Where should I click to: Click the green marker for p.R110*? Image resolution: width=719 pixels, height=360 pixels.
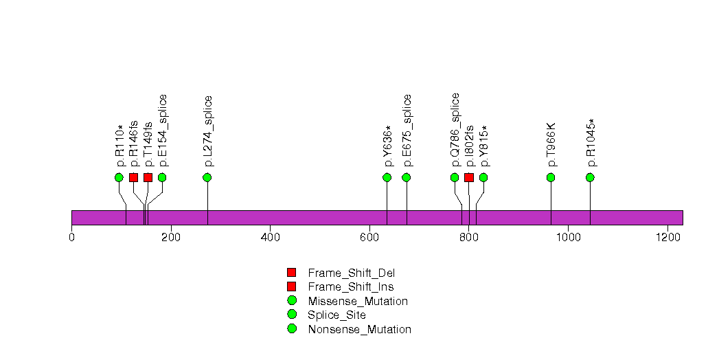(119, 177)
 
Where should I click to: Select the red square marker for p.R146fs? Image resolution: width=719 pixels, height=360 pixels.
(133, 177)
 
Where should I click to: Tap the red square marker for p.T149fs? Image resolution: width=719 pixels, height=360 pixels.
(148, 177)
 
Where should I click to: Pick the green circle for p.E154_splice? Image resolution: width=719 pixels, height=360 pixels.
(162, 177)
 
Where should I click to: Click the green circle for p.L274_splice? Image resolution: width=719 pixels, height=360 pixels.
(207, 177)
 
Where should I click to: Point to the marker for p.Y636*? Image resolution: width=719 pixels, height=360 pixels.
(387, 177)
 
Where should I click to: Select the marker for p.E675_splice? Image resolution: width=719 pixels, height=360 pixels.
(406, 177)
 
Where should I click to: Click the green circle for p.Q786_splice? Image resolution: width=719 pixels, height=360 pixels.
(455, 177)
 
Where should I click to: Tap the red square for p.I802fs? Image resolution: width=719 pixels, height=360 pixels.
(469, 177)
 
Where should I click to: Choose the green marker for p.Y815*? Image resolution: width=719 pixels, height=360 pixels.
(483, 177)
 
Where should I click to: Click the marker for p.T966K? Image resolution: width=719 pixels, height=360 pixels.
(551, 177)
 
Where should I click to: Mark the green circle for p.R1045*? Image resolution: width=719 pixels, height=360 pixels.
(590, 177)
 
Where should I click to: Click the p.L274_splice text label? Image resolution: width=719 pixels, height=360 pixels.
(209, 131)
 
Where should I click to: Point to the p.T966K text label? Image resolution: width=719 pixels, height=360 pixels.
(551, 144)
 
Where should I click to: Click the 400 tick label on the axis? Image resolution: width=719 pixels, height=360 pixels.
(270, 237)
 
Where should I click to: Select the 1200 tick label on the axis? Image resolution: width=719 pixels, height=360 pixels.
(667, 237)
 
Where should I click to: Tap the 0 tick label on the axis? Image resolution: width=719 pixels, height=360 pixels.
(71, 237)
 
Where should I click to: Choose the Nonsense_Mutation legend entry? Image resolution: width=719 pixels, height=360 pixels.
(360, 330)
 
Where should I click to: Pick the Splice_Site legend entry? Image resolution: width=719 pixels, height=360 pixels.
(337, 315)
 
